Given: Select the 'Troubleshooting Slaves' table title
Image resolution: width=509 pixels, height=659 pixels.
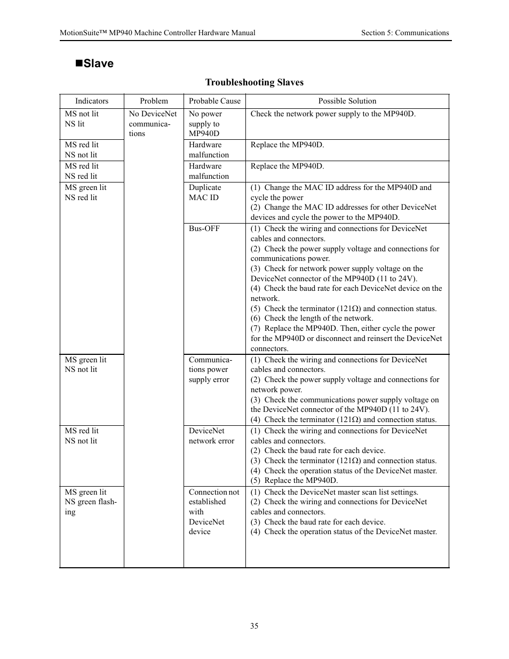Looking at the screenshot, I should tap(254, 82).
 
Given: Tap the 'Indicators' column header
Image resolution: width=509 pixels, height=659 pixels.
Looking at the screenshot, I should tap(92, 101).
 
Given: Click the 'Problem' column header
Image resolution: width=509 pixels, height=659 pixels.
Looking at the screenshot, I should tap(154, 101).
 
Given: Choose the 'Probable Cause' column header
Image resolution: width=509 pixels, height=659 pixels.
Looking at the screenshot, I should tap(214, 101).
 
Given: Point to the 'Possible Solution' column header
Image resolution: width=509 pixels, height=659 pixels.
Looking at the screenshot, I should tap(347, 101).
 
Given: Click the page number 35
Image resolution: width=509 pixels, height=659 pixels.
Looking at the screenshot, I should tap(254, 626).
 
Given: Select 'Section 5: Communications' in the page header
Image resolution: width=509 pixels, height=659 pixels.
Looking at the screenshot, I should tap(404, 33).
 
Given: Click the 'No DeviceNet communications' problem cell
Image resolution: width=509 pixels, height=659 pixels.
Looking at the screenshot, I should tap(153, 124).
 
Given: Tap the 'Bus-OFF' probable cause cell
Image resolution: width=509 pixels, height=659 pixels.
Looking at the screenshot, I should tap(204, 228).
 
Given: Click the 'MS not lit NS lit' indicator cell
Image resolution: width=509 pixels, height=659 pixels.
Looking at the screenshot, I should tap(82, 119).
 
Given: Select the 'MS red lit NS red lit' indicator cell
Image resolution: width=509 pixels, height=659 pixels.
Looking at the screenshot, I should tap(82, 171).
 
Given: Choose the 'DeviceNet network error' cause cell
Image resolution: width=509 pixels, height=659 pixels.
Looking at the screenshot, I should tap(211, 436).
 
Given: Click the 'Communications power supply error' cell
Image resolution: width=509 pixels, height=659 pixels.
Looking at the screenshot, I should tap(210, 370).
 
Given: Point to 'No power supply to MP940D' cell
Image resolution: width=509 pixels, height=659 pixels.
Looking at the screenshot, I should tap(205, 124).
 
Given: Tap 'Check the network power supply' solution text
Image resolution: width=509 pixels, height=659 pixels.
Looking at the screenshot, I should tap(332, 114).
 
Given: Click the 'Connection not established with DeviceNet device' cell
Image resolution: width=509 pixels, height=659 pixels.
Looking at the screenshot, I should tap(213, 512).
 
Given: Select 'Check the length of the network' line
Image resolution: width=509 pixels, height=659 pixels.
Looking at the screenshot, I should tap(312, 319).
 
